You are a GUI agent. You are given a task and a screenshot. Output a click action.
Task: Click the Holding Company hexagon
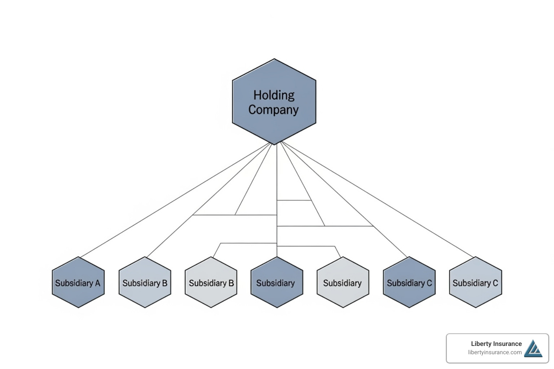(274, 102)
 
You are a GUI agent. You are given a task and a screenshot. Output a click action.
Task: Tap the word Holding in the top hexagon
(274, 95)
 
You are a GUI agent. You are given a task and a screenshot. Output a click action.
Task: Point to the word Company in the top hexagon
(273, 110)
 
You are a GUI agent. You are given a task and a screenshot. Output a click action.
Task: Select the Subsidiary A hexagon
(78, 282)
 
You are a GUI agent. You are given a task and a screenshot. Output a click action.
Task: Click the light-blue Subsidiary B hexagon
(145, 282)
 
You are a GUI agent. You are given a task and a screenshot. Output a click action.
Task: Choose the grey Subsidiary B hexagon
(211, 282)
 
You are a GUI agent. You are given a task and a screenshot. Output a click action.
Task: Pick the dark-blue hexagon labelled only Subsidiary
(277, 282)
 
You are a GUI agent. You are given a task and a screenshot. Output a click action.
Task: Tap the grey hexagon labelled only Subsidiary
(343, 282)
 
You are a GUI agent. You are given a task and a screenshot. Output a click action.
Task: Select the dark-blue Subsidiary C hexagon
(409, 282)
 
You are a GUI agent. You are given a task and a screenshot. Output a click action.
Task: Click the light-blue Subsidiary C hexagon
(476, 282)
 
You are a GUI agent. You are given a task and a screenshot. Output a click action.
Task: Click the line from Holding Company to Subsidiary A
(175, 200)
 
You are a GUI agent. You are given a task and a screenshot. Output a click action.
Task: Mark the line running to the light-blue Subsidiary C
(377, 199)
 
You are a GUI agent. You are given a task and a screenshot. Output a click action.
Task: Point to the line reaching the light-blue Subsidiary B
(209, 201)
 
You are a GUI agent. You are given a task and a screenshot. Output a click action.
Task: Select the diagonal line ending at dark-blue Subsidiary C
(344, 199)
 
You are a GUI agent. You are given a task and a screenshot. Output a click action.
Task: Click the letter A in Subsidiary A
(97, 283)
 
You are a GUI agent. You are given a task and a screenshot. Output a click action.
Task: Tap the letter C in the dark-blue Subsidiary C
(429, 283)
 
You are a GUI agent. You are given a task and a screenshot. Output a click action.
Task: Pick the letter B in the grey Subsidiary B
(231, 283)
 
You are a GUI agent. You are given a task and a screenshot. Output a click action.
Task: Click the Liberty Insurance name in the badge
(496, 344)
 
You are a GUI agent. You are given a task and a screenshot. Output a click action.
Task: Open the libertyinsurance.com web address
(494, 352)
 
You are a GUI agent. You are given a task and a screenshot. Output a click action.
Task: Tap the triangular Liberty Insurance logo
(533, 349)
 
